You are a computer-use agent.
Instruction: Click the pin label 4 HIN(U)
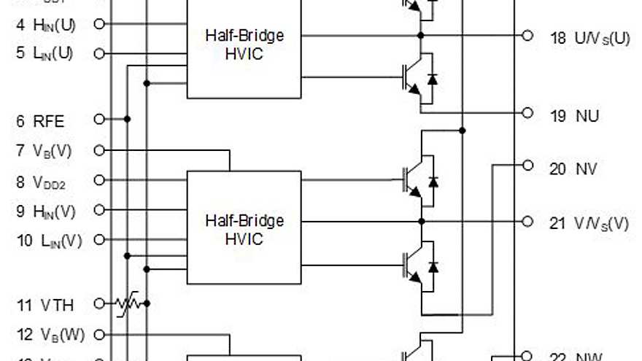(x=45, y=24)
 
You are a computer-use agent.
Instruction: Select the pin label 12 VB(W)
(x=49, y=335)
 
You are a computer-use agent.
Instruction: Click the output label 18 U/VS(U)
(x=589, y=38)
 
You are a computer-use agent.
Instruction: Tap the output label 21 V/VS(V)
(x=589, y=222)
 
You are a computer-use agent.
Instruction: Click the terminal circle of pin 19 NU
(x=528, y=112)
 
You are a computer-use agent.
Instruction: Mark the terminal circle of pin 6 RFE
(x=100, y=118)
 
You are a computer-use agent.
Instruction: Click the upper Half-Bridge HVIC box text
(x=244, y=44)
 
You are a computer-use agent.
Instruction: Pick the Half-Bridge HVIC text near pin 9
(x=244, y=229)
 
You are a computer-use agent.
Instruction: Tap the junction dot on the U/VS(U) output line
(x=421, y=35)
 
